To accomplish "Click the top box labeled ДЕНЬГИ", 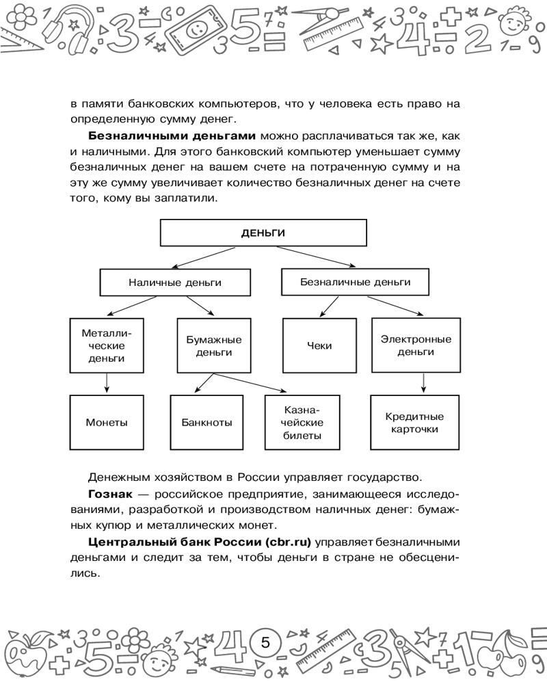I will coord(263,233).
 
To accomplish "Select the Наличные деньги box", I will coord(175,282).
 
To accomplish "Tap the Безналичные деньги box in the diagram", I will coord(356,282).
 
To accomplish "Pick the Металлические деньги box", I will coord(107,345).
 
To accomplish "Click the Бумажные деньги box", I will coord(213,345).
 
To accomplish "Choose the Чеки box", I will coord(320,345).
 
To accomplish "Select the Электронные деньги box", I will coord(416,345).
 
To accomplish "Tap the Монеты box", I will coord(107,422).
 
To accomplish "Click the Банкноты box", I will coord(206,422).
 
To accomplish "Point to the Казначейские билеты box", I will coord(302,422).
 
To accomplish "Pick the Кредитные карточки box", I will coord(415,422).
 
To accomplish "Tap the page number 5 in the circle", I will coord(267,643).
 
